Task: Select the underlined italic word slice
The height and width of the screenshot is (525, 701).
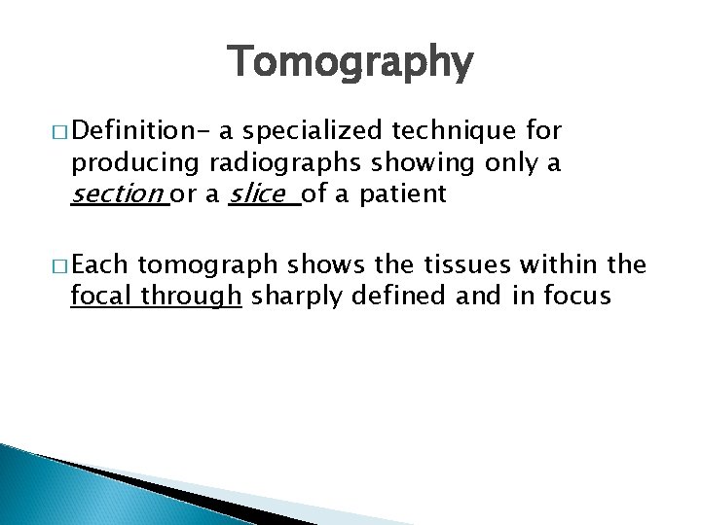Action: [x=258, y=194]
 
